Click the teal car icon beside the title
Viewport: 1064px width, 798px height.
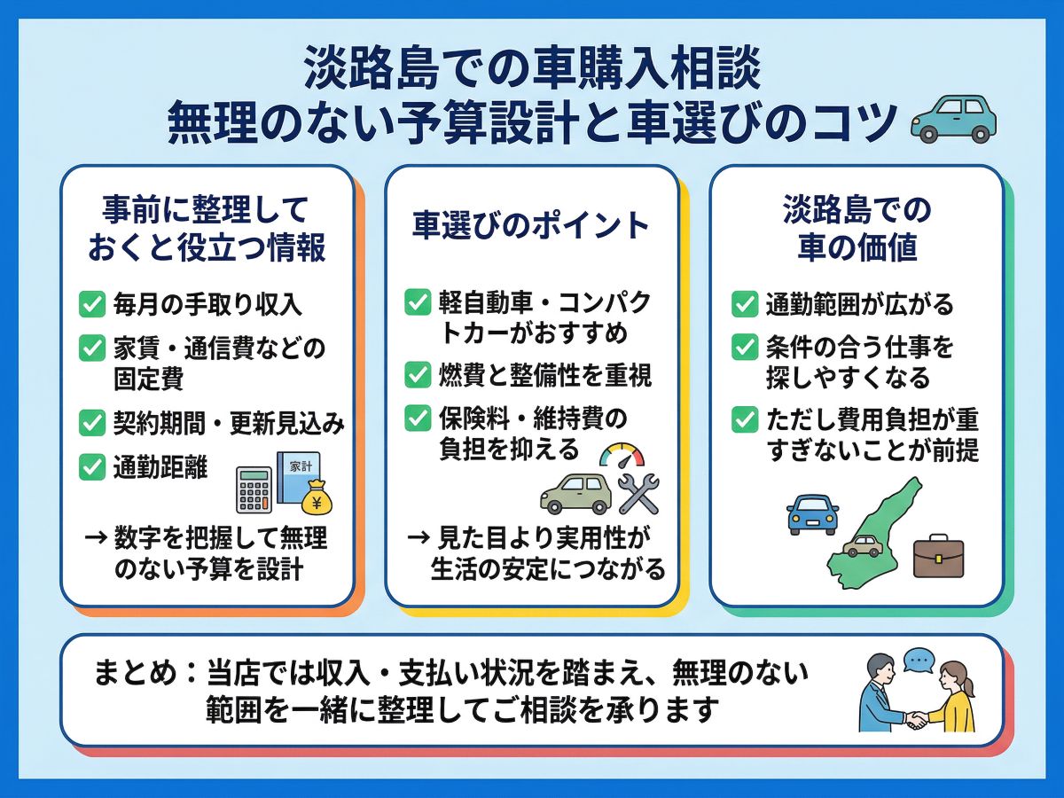click(953, 119)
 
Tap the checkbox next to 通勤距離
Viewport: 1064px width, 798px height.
click(92, 466)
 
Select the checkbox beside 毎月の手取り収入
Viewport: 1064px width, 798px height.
click(92, 304)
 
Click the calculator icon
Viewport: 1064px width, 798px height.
click(254, 489)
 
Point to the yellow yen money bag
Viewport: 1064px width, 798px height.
click(317, 497)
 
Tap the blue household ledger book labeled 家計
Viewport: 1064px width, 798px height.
click(299, 477)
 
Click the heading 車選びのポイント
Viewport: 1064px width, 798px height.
click(530, 225)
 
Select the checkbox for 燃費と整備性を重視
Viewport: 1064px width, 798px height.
click(418, 375)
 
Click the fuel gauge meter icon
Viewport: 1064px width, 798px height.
click(622, 456)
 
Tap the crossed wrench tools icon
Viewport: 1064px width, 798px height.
click(639, 494)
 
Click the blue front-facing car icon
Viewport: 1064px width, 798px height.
click(812, 514)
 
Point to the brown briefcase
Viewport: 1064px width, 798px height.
click(938, 556)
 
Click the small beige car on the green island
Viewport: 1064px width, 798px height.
click(863, 546)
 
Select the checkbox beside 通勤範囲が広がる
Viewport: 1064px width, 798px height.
click(745, 304)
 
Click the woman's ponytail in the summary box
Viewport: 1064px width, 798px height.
click(968, 688)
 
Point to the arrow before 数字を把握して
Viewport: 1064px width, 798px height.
click(96, 537)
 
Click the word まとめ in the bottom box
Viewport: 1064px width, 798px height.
click(136, 674)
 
